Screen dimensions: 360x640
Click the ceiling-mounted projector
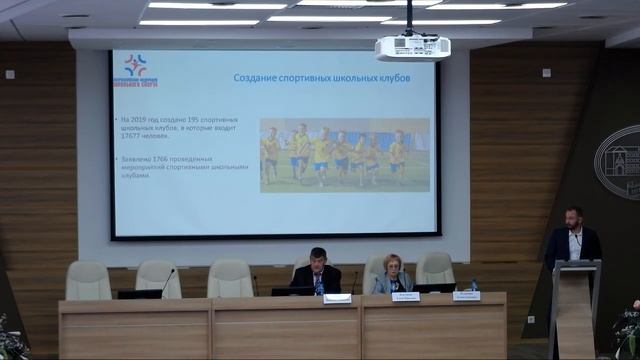(x=412, y=46)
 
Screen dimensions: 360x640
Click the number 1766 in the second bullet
(x=162, y=159)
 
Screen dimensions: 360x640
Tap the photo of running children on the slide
(x=344, y=155)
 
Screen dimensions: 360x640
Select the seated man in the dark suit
(x=316, y=271)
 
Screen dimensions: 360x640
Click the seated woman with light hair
(x=391, y=274)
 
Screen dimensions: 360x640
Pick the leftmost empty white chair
(x=88, y=280)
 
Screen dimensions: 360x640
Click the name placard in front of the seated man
(x=337, y=298)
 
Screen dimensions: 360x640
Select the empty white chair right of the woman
(x=435, y=269)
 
